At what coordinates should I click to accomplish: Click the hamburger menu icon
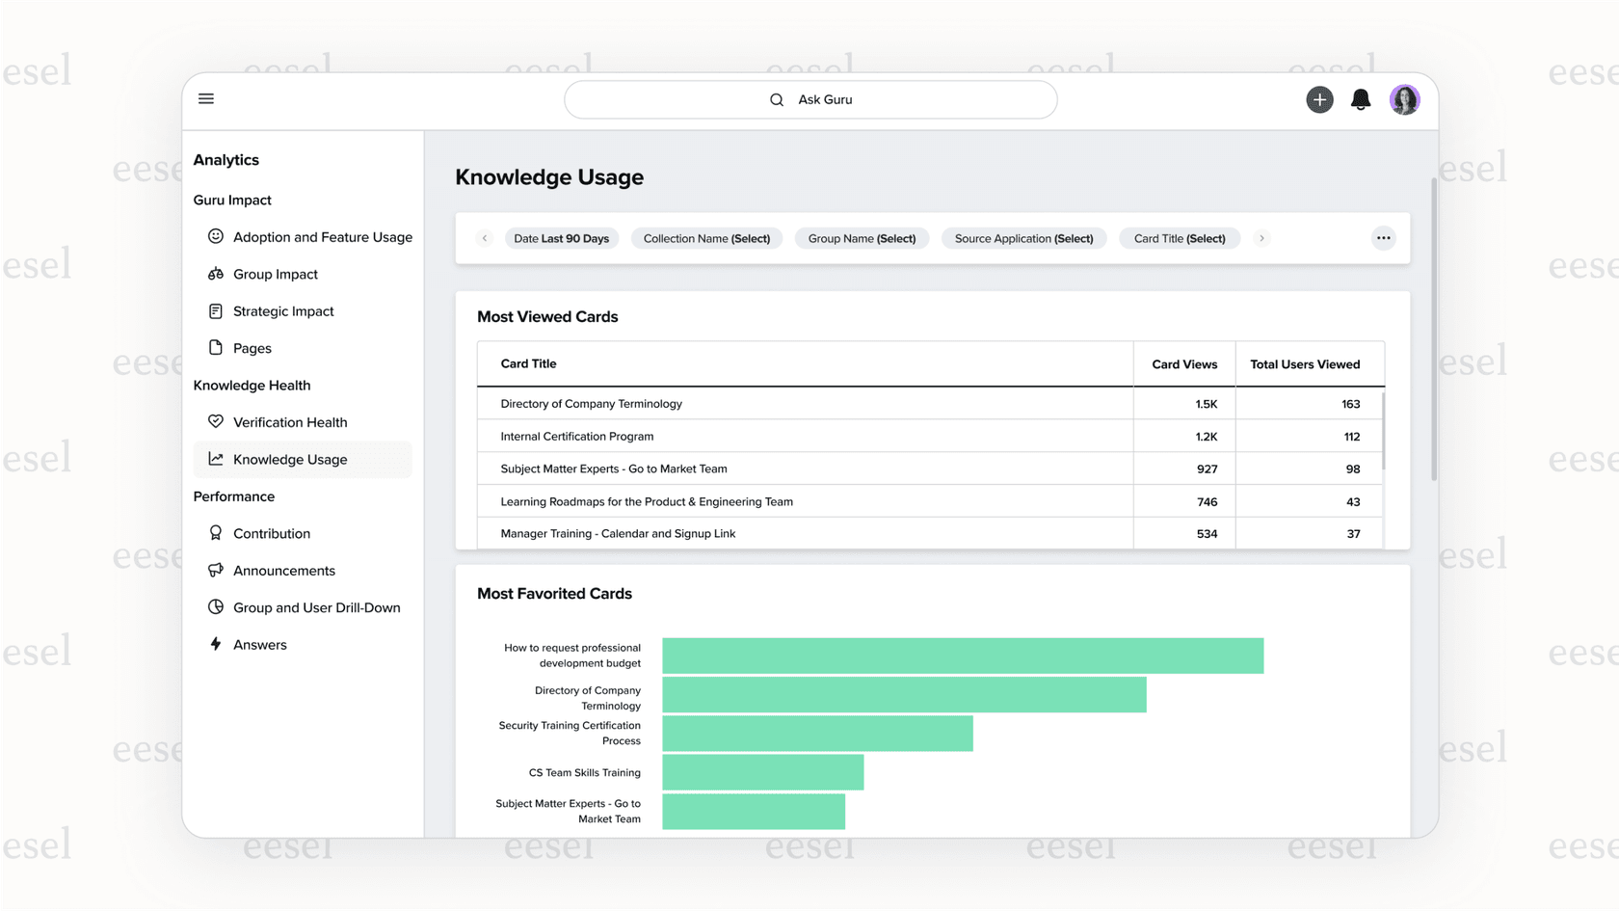(x=206, y=99)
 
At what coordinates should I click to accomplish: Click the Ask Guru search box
(x=810, y=100)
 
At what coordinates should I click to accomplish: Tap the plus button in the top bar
(x=1319, y=99)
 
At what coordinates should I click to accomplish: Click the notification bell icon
(x=1361, y=99)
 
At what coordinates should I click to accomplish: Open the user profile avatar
(x=1404, y=99)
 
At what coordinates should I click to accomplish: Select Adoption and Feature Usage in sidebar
(x=322, y=237)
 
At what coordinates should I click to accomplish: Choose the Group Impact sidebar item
(x=275, y=275)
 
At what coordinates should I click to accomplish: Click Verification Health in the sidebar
(x=289, y=422)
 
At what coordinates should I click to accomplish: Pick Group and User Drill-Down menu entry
(x=316, y=608)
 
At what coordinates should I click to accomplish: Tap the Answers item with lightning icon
(x=259, y=645)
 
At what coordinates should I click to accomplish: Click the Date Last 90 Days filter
(x=561, y=239)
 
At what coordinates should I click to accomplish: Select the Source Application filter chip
(x=1023, y=239)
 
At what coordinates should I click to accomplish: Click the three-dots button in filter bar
(x=1383, y=238)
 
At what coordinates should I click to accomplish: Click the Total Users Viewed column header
(x=1305, y=364)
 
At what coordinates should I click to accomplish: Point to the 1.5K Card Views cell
(x=1206, y=404)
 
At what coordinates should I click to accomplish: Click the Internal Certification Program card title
(x=576, y=437)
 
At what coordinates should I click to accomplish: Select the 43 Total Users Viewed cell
(x=1352, y=502)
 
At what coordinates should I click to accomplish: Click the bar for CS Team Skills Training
(x=762, y=772)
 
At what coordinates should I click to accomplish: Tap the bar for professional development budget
(x=962, y=656)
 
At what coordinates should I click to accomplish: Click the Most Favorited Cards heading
(x=554, y=594)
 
